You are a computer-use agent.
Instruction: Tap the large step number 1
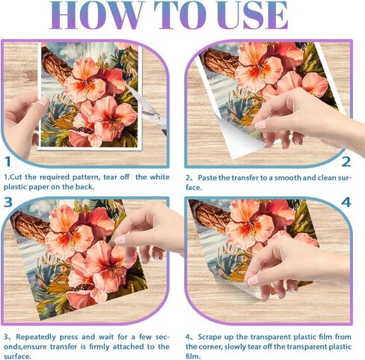[x=7, y=162]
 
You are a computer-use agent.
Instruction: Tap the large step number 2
[x=346, y=162]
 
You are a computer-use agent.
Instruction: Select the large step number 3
[x=8, y=202]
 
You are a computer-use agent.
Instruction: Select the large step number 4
[x=346, y=202]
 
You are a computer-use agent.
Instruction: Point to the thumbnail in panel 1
[x=44, y=100]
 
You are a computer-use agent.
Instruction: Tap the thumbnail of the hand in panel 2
[x=261, y=125]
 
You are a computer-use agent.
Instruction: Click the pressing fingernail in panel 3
[x=120, y=240]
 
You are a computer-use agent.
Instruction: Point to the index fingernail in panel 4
[x=253, y=281]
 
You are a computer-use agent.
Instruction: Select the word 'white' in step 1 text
[x=159, y=177]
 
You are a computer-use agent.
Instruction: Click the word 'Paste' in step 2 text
[x=207, y=177]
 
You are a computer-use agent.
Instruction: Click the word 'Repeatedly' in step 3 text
[x=36, y=337]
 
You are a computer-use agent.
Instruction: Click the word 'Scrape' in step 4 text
[x=210, y=337]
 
